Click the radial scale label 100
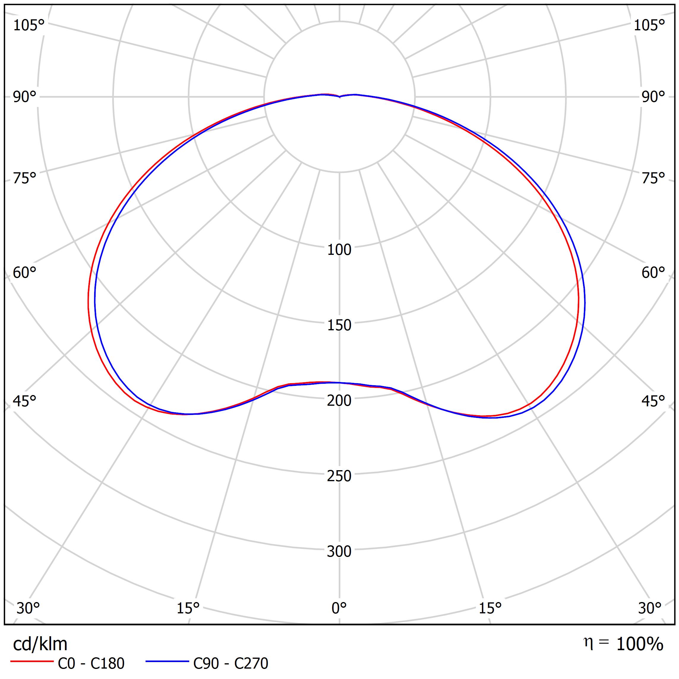[x=339, y=250]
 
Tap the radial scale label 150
[x=339, y=326]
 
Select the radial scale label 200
[x=339, y=401]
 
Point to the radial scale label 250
[x=339, y=476]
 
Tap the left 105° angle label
[x=29, y=25]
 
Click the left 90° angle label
[x=25, y=97]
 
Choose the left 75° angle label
[x=25, y=179]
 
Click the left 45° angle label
[x=25, y=401]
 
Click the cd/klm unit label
[x=40, y=644]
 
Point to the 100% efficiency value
[x=639, y=644]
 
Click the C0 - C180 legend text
[x=91, y=664]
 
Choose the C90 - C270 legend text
[x=230, y=664]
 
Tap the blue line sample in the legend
[x=167, y=662]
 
